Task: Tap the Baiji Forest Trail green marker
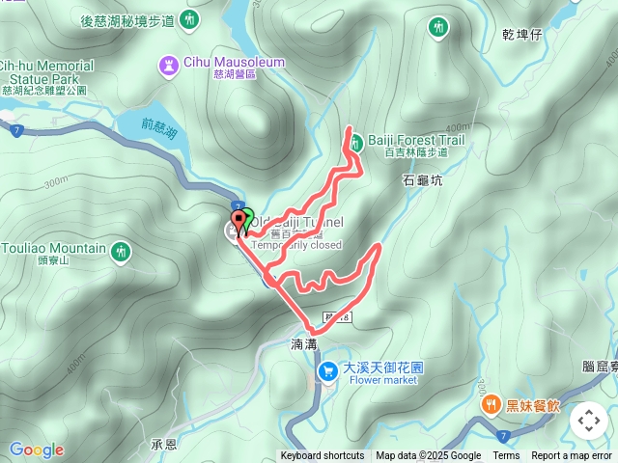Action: [355, 141]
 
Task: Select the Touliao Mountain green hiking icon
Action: [120, 251]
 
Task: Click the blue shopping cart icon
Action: [329, 368]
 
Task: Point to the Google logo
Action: [37, 449]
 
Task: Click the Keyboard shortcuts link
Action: [323, 456]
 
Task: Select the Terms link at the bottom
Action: [506, 456]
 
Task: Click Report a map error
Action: [572, 456]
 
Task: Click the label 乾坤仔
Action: [522, 34]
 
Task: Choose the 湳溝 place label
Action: [303, 342]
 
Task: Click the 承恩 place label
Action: [164, 445]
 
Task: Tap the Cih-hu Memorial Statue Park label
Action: [45, 72]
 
